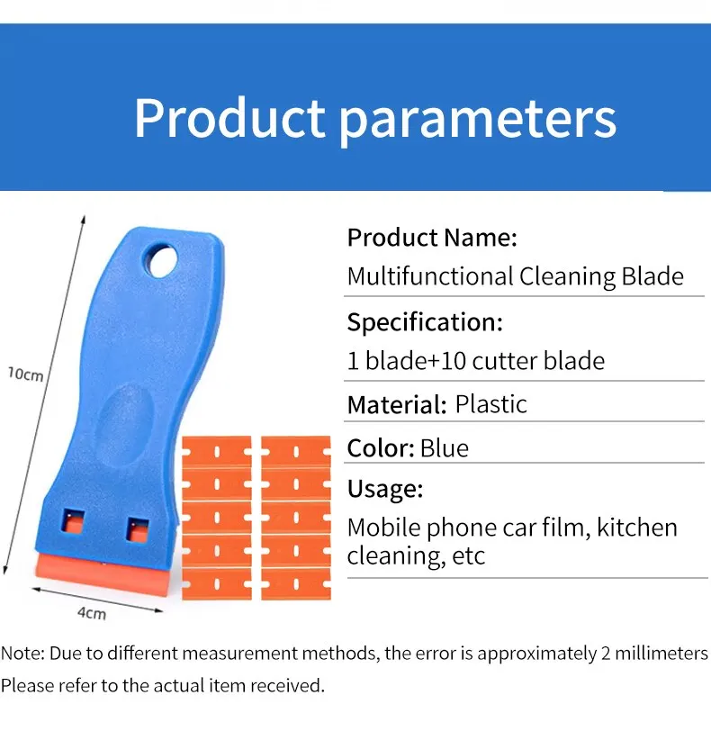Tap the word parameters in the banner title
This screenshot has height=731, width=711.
click(478, 122)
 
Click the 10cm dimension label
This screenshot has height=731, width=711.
click(25, 374)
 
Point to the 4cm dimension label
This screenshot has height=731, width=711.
click(92, 613)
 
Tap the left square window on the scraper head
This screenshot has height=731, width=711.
click(73, 521)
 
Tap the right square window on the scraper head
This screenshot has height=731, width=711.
click(138, 529)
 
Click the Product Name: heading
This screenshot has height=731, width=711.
click(432, 238)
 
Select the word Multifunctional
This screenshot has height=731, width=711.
click(430, 276)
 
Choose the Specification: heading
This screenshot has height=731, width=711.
click(425, 322)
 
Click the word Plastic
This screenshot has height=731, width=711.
click(491, 404)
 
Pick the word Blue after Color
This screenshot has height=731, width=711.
click(445, 448)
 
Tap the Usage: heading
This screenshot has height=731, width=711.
click(385, 489)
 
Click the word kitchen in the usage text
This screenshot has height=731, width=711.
click(637, 528)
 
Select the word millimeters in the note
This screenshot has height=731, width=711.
click(661, 654)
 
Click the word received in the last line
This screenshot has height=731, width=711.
click(287, 685)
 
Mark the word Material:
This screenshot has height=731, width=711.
click(398, 405)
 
